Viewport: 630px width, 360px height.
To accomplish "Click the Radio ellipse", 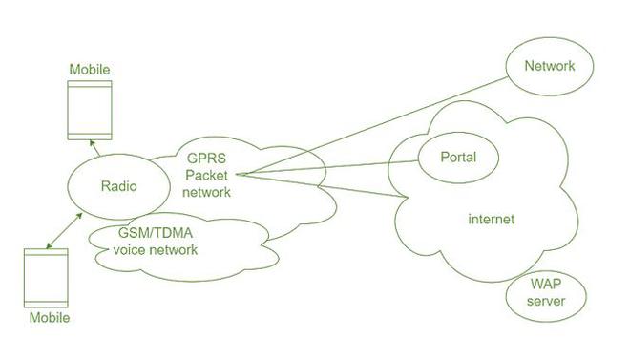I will pos(120,186).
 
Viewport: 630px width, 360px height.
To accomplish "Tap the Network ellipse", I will pos(550,67).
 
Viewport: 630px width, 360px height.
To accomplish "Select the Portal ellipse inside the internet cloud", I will pos(457,157).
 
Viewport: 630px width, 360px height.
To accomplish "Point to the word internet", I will pos(491,220).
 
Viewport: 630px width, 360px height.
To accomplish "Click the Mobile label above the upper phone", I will pos(90,70).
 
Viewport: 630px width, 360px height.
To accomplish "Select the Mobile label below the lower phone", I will pos(49,317).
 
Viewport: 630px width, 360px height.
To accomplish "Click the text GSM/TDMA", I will pos(157,235).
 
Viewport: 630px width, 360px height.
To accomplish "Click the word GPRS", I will pos(207,158).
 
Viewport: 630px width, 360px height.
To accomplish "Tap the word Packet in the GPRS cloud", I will pos(207,175).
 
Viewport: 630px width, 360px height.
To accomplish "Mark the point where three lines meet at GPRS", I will pos(239,175).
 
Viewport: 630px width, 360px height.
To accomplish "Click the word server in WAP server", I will pos(545,302).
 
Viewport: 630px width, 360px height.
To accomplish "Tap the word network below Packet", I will pos(207,192).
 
